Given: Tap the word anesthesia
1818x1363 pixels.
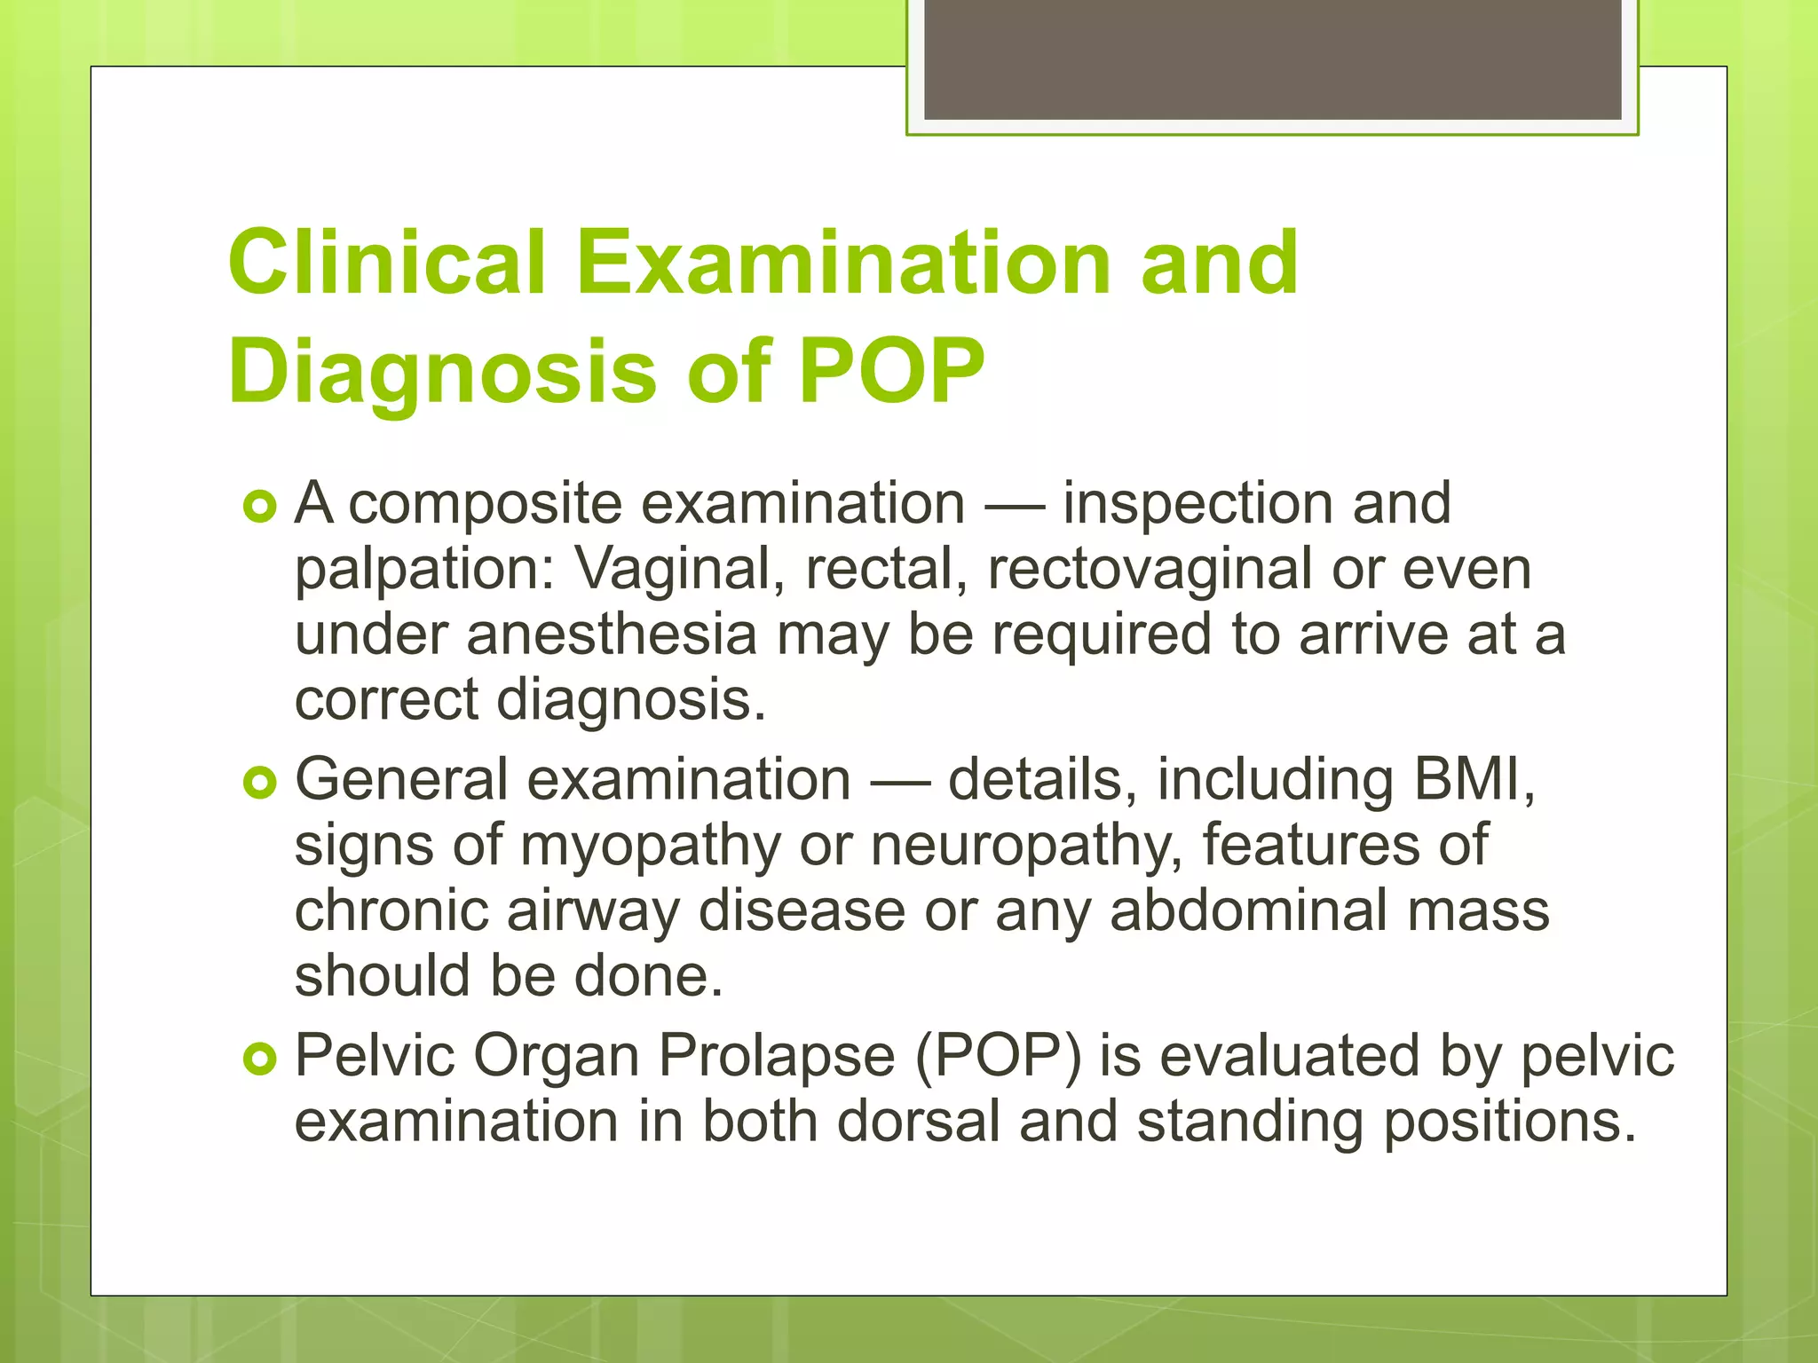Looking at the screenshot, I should click(612, 634).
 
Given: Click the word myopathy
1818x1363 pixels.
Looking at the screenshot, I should click(649, 846).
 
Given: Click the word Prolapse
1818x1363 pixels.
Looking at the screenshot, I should click(775, 1056).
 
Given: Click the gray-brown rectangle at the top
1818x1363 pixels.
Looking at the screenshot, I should click(1272, 59).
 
